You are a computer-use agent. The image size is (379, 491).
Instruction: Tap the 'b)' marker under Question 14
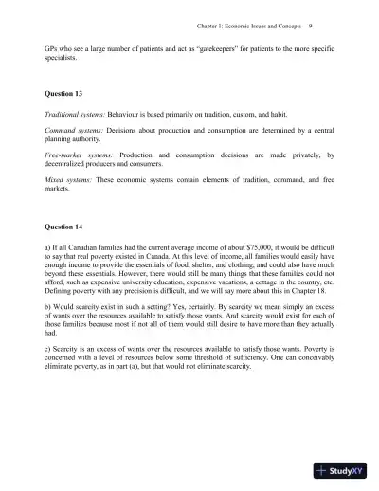click(x=48, y=307)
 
